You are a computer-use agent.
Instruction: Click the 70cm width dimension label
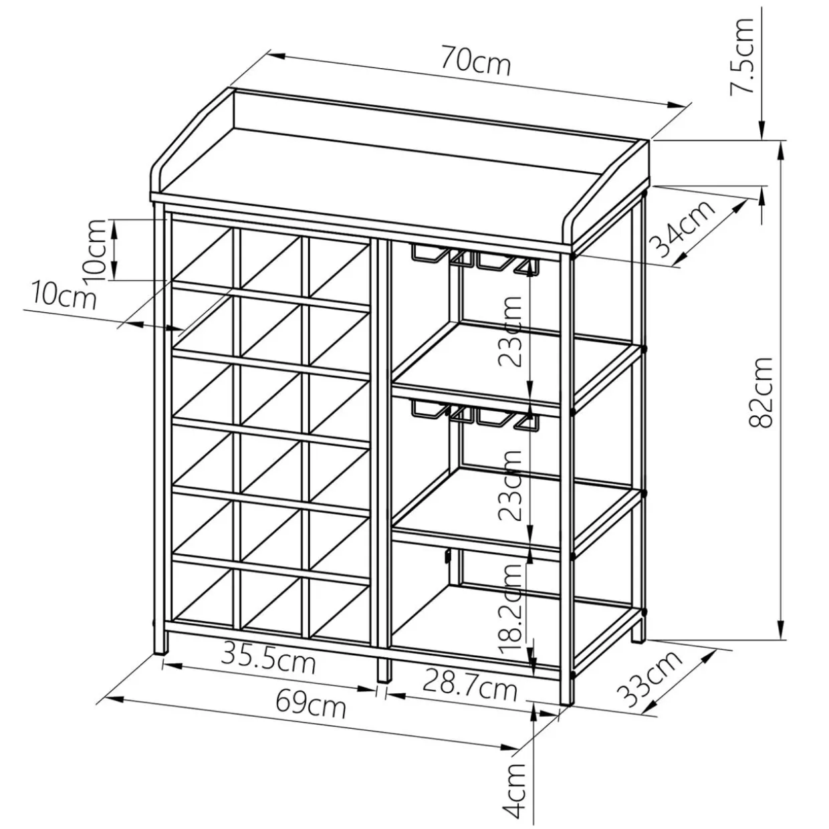(x=475, y=62)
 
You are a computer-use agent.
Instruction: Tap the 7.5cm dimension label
(x=742, y=57)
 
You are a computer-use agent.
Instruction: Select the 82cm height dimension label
(x=761, y=392)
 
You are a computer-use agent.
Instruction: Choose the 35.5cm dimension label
(x=269, y=661)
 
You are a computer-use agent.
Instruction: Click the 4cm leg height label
(x=517, y=795)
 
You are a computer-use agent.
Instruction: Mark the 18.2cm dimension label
(x=512, y=606)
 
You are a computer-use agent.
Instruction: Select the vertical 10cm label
(x=96, y=249)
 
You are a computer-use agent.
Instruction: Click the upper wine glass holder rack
(x=474, y=258)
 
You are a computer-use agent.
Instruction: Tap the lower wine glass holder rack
(x=474, y=411)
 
